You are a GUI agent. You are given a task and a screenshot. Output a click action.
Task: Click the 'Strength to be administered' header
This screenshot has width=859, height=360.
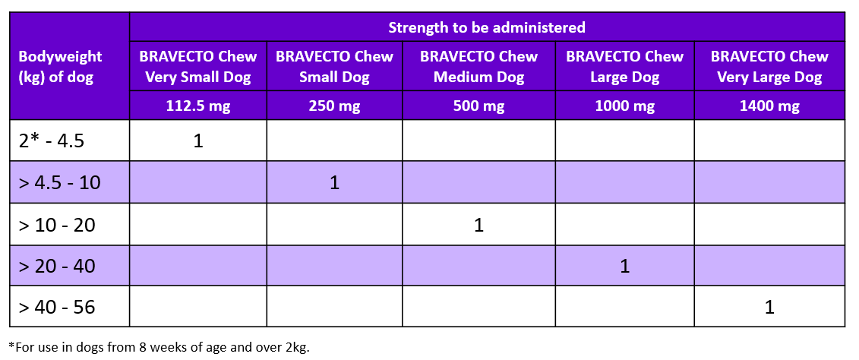(487, 27)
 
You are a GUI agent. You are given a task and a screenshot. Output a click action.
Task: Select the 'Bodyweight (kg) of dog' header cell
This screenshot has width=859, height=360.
(60, 67)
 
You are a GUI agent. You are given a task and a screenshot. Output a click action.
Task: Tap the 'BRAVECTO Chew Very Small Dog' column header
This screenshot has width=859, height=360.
(198, 67)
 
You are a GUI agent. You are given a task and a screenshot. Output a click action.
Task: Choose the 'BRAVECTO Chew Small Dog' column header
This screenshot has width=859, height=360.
(334, 67)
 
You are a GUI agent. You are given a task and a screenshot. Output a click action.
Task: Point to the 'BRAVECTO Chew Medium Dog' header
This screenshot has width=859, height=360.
(478, 67)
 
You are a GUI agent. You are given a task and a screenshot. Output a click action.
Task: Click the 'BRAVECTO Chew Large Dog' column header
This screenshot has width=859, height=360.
(624, 67)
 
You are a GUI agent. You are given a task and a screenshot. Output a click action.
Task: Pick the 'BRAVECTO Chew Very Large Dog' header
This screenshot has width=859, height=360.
(769, 67)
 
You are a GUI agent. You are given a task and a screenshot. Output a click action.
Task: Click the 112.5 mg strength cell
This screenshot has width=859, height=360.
(198, 106)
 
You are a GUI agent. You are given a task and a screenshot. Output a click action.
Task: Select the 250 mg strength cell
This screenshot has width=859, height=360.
(334, 106)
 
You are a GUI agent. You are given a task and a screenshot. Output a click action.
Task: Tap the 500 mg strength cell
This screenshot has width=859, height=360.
(478, 106)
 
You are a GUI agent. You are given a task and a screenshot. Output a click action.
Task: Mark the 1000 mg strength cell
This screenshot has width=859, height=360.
(624, 106)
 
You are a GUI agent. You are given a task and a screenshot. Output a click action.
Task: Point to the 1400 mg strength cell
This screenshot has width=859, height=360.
(769, 106)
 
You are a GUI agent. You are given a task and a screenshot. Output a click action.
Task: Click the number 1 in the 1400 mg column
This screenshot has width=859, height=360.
(769, 308)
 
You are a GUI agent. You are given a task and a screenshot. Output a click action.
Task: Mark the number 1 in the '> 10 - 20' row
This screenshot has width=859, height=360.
(478, 225)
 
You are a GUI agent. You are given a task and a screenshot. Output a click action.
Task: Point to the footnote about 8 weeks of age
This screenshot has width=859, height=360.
(159, 347)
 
